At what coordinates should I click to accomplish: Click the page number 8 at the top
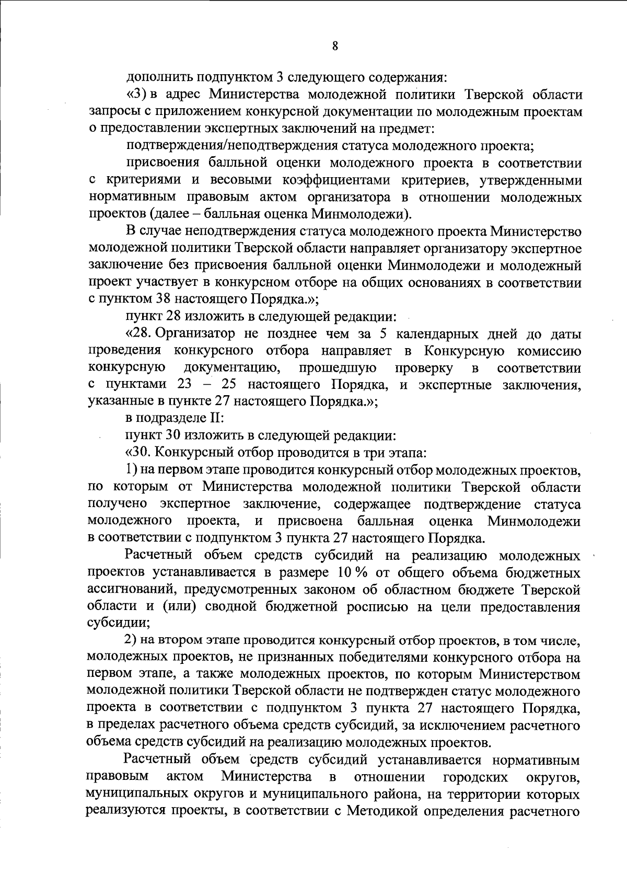tap(335, 45)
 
